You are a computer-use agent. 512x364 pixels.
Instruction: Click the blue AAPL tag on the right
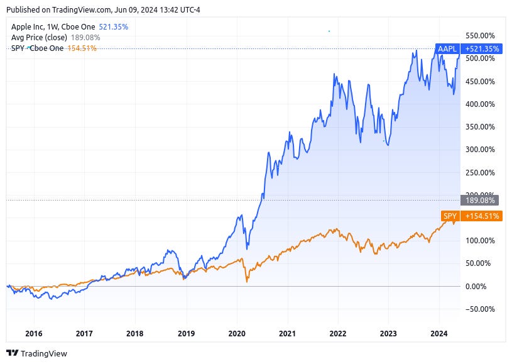448,48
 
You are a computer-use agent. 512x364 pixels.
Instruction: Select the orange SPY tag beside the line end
450,216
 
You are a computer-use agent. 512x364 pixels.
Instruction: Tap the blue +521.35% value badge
481,48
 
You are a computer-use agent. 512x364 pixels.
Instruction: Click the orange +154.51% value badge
481,216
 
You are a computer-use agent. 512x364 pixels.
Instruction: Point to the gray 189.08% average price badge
479,201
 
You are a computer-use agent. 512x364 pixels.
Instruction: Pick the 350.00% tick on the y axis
479,126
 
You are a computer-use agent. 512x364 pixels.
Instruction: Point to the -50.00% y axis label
481,309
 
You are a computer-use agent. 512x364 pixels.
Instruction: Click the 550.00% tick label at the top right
479,36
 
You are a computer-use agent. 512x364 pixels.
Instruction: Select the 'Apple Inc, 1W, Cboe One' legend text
53,28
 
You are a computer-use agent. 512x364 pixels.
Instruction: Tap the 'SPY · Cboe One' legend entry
37,48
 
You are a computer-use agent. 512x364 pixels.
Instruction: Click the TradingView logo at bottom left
36,353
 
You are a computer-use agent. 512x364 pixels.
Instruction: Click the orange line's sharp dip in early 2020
246,282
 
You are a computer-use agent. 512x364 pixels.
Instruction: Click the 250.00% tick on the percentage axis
479,172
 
